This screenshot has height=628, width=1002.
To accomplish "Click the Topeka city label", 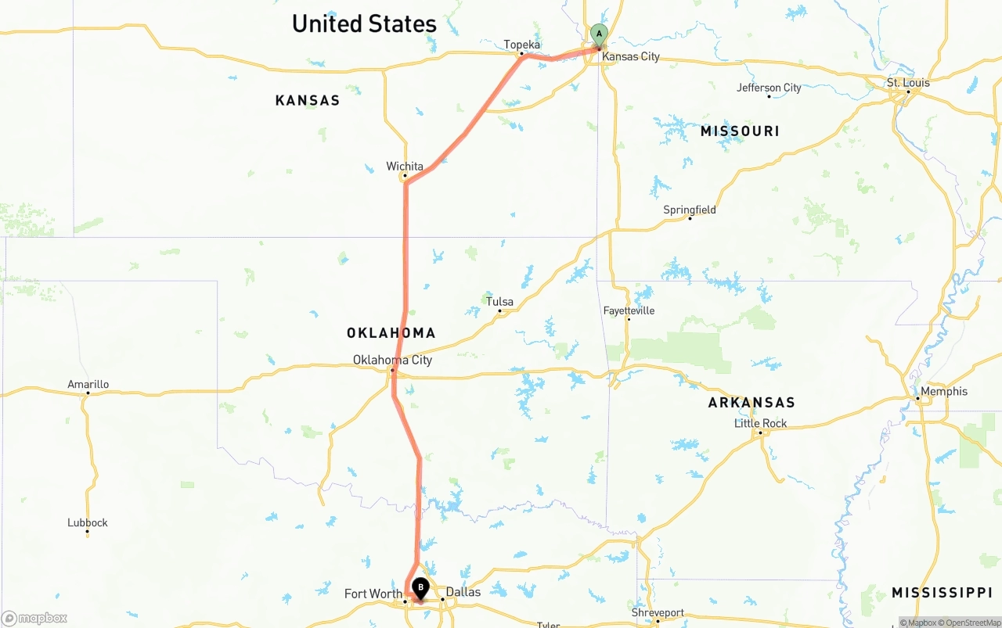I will click(522, 45).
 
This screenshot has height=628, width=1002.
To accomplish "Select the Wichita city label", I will click(405, 167).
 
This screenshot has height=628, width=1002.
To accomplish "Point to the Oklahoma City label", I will click(392, 360).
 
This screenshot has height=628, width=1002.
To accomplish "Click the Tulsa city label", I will click(499, 302).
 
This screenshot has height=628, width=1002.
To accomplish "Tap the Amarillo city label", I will click(88, 384).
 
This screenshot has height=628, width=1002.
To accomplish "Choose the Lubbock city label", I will click(88, 522).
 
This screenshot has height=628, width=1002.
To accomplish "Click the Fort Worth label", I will click(373, 594).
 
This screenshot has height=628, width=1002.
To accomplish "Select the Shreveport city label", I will click(658, 613).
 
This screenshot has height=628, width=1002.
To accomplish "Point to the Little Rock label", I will click(761, 423).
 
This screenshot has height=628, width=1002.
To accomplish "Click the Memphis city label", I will click(944, 391).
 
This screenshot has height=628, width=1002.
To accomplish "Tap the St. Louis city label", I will click(908, 82).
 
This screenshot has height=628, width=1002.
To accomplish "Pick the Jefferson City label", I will click(769, 88).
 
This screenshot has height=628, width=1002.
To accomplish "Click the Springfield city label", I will click(690, 210).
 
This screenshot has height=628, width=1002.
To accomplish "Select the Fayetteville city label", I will click(629, 310).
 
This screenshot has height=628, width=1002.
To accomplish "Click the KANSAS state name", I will click(308, 100).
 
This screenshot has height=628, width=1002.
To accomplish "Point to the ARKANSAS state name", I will click(751, 403).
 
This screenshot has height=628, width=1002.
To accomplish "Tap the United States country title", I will click(364, 23).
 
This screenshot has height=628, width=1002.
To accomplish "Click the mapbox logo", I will click(34, 618).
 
